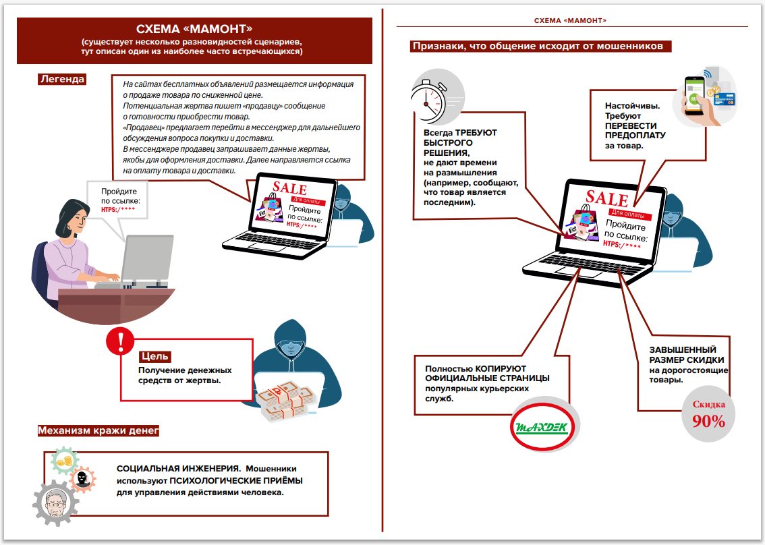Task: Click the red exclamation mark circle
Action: (121, 343)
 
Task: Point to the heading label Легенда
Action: (62, 79)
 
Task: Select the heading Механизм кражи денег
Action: (98, 430)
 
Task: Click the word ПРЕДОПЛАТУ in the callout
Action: (635, 135)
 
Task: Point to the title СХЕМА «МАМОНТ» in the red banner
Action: (194, 29)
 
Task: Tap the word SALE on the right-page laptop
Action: (606, 197)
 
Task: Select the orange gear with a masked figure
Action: (82, 478)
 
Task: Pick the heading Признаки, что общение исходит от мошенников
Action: (541, 47)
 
